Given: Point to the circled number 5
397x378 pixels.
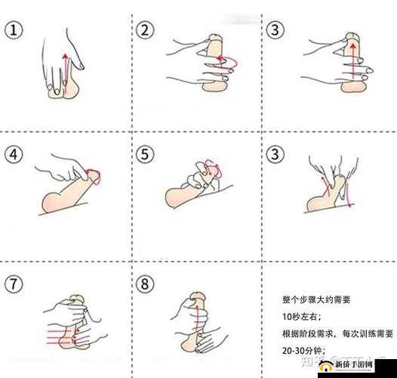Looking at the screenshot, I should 146,155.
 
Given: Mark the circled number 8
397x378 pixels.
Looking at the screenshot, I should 146,285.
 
